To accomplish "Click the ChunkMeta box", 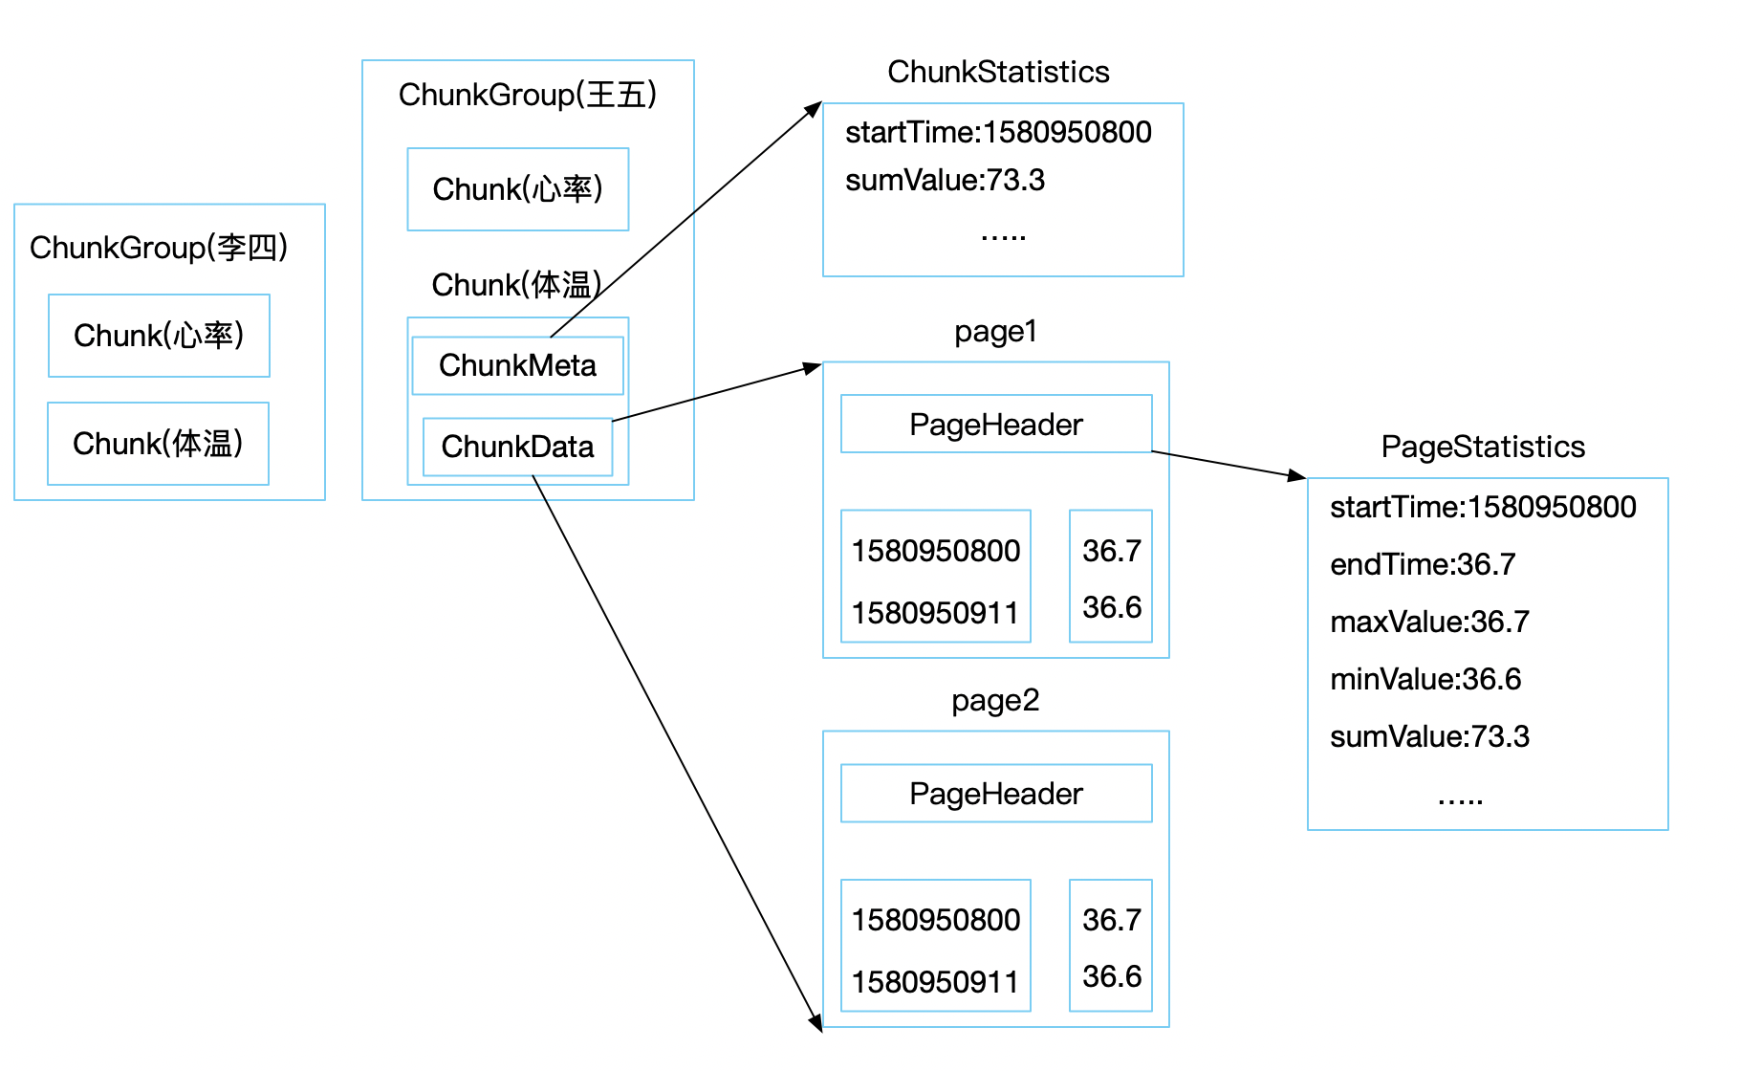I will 517,365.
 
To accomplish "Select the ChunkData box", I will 517,447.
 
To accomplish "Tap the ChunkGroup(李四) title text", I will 159,248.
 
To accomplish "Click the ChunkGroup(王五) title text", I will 528,95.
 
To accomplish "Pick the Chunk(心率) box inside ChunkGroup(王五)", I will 517,189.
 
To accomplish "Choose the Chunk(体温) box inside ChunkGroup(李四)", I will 158,444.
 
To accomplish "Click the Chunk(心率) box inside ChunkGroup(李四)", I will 159,336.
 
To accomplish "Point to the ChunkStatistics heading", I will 998,72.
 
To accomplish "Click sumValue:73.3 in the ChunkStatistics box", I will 945,180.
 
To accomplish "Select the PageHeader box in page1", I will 995,424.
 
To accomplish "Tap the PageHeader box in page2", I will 995,793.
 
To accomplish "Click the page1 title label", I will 995,332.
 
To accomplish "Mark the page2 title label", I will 995,701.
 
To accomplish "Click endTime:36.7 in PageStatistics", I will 1422,564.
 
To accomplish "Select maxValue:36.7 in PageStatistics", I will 1429,622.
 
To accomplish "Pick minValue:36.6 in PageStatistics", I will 1425,679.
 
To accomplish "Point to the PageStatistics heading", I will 1483,447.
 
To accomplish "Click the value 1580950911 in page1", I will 935,612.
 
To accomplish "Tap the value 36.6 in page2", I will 1111,976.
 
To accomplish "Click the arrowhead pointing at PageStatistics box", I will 1297,475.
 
